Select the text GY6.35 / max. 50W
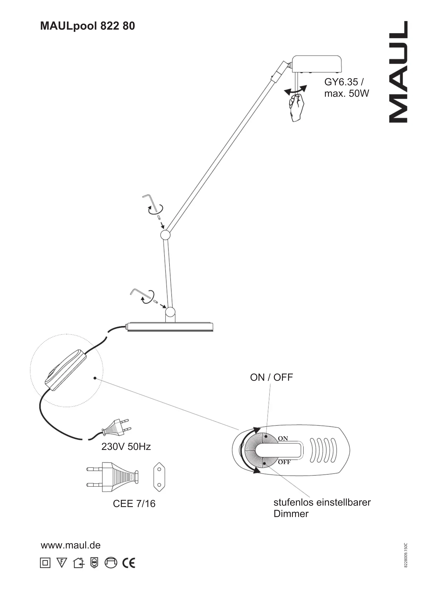[x=346, y=88]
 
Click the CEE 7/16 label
[x=134, y=504]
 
